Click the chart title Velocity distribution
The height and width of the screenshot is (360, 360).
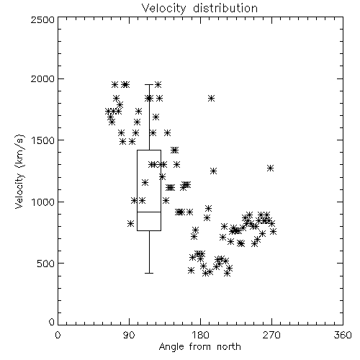(199, 8)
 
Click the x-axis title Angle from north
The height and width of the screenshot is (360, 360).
(199, 347)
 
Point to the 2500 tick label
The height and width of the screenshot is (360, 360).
(42, 19)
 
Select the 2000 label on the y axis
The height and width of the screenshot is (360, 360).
(42, 78)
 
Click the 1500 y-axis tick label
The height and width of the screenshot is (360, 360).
(43, 140)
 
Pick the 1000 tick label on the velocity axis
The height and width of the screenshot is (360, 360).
(43, 202)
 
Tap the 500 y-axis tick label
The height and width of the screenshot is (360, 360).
(46, 264)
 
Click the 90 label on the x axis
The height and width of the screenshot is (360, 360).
(130, 335)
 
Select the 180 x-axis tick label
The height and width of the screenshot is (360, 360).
(200, 335)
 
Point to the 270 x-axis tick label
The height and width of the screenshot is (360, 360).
(271, 335)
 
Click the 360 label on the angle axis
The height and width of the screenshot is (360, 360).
(343, 335)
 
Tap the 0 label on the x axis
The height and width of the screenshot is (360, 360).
(58, 335)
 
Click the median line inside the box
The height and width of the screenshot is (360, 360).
(149, 212)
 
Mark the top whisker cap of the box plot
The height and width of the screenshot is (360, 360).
(149, 84)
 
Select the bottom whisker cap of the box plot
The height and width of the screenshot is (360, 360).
(149, 273)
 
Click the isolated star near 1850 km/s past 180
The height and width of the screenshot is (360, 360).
(211, 98)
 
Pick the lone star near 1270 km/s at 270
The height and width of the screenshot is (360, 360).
(271, 168)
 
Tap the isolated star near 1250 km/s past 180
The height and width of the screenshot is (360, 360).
(213, 171)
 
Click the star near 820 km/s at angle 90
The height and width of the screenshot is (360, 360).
(130, 223)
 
